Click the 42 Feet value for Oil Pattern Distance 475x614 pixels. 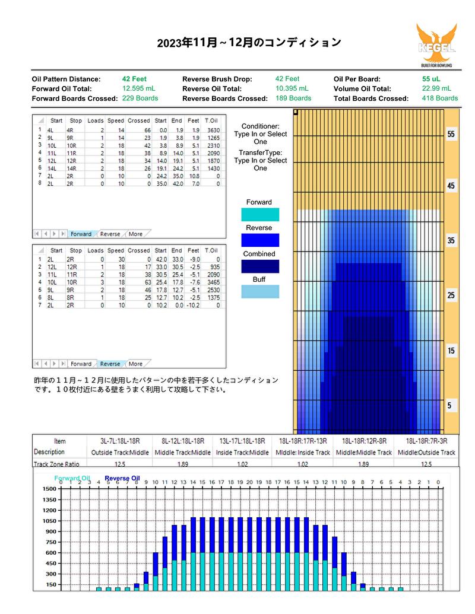click(x=134, y=79)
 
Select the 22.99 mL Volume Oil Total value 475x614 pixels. click(x=436, y=88)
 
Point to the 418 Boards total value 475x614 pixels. click(x=440, y=98)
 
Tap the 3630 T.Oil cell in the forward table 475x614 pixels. click(x=214, y=130)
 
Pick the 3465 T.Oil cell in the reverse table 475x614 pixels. click(x=214, y=282)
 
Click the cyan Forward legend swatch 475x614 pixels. click(x=260, y=215)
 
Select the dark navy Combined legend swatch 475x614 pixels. click(x=260, y=266)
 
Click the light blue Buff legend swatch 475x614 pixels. click(x=260, y=292)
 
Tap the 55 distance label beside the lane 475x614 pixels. click(x=451, y=134)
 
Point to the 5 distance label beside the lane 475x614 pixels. click(x=449, y=405)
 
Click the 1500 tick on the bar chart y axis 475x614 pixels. click(x=49, y=489)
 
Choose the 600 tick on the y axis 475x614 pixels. click(x=51, y=552)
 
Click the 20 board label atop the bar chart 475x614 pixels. click(x=249, y=482)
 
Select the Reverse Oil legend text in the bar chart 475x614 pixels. click(x=122, y=478)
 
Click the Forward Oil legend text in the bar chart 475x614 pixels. click(x=72, y=478)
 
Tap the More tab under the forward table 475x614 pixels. click(x=135, y=234)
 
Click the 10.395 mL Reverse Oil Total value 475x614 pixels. click(x=292, y=88)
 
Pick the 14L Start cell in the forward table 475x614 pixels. click(x=52, y=168)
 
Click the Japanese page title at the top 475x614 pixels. click(x=249, y=42)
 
